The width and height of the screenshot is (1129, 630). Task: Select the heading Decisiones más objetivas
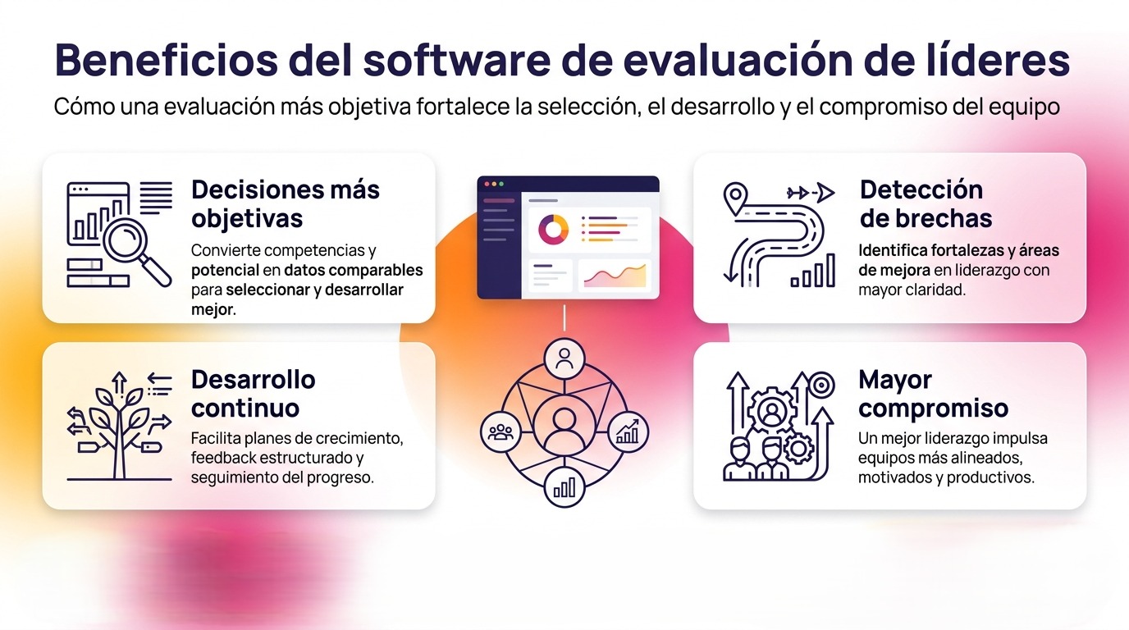[285, 204]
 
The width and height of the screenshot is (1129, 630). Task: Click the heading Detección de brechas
[926, 204]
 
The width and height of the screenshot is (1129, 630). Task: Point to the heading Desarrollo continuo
[253, 394]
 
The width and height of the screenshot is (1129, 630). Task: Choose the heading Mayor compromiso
[933, 394]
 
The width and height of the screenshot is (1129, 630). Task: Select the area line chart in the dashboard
[614, 277]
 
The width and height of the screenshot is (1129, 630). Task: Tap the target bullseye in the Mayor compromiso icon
[821, 383]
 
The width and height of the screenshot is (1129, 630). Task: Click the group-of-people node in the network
[500, 431]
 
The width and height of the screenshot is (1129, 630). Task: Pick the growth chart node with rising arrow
[628, 431]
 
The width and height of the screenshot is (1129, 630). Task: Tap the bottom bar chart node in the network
[564, 487]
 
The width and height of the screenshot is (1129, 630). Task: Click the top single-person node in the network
[564, 358]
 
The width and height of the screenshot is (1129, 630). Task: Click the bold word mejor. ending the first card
[213, 309]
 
